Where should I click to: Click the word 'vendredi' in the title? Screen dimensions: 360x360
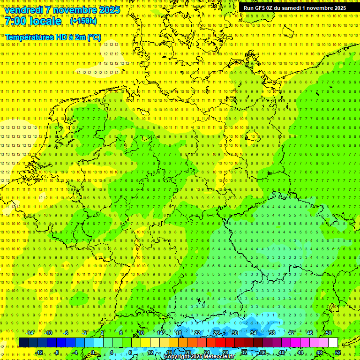pos(23,9)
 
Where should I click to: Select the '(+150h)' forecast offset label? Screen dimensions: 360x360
pos(83,21)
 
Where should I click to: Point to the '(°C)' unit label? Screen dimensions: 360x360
pos(94,37)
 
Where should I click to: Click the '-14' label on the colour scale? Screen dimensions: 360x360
pos(30,333)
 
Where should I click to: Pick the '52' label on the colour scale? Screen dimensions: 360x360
pos(338,352)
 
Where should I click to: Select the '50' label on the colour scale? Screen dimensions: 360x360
pos(329,333)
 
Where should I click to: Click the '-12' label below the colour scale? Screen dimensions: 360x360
pos(39,352)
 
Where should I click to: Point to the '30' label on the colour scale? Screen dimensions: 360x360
pos(235,333)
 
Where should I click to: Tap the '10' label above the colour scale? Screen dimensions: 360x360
pos(141,333)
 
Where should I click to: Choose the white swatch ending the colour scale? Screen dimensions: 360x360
pos(333,343)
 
